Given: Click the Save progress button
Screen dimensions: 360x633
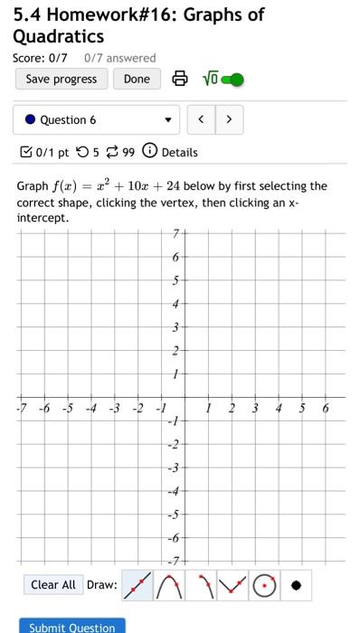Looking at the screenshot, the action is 62,79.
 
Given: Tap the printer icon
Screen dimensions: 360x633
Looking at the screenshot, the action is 180,80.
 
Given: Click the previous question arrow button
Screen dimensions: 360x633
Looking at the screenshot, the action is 202,119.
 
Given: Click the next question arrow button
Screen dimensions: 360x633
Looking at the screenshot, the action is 229,119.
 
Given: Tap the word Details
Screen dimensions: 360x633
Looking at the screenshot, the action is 179,152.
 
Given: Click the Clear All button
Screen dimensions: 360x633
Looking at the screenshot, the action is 53,585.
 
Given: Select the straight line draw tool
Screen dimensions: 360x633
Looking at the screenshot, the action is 137,585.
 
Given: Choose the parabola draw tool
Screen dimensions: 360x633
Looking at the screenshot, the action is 168,585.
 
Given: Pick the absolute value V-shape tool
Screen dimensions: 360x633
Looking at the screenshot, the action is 232,585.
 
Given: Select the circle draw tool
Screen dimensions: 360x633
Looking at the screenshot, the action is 263,585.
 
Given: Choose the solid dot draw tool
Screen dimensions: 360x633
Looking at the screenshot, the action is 296,585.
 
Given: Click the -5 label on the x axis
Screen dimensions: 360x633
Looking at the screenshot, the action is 67,409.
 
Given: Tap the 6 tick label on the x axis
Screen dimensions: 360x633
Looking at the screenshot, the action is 326,409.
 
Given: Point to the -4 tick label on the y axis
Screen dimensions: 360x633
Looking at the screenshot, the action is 174,491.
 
